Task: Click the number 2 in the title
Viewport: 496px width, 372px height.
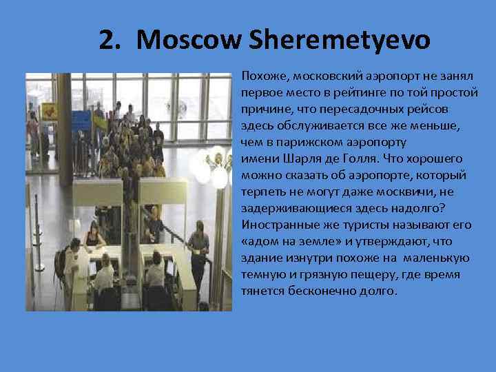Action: tap(105, 40)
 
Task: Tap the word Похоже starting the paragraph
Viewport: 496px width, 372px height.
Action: tap(260, 74)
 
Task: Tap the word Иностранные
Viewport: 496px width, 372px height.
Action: tap(276, 225)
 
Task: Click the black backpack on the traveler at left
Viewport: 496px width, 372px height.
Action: tap(61, 260)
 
